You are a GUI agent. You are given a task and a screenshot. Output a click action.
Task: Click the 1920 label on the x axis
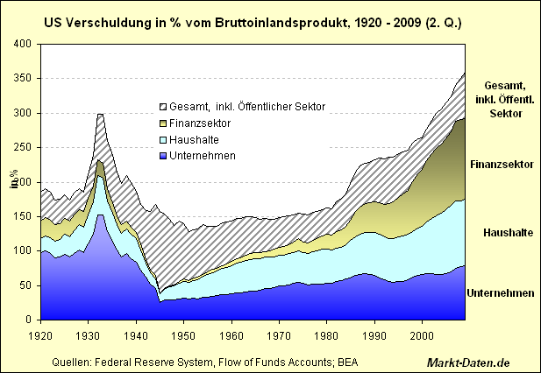pos(40,334)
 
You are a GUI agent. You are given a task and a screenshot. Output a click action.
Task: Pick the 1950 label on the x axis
pos(182,334)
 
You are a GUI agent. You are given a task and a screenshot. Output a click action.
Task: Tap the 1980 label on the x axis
pos(327,334)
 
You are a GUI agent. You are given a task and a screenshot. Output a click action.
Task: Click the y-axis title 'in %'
pos(14,182)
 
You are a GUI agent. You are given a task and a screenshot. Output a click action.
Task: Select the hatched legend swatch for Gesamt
pos(162,106)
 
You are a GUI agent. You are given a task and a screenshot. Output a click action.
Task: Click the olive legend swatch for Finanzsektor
pos(162,123)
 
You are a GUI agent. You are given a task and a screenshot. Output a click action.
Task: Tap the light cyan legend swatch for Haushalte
pos(162,139)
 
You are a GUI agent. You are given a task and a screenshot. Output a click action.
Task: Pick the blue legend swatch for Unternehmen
pos(162,156)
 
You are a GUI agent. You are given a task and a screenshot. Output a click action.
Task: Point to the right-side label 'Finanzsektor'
pos(502,165)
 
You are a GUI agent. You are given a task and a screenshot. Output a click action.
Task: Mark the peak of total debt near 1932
pos(100,114)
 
